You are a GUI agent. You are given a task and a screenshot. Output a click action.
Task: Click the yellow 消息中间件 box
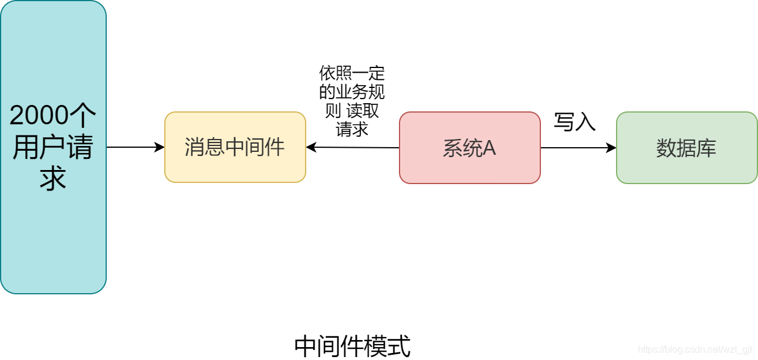pos(235,147)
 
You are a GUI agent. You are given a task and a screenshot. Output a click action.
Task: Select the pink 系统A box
pos(469,148)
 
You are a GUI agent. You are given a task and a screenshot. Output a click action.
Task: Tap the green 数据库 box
pos(686,148)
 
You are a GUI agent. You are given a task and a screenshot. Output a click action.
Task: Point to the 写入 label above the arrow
pos(574,122)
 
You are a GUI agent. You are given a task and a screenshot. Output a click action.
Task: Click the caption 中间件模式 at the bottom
pos(352,346)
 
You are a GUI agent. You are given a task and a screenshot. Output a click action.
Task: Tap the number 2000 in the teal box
pos(39,116)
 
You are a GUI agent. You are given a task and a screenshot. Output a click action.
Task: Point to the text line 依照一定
pos(352,73)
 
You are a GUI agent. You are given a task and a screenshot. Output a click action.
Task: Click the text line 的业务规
pos(352,92)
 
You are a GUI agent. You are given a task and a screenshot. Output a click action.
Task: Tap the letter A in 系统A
pos(489,148)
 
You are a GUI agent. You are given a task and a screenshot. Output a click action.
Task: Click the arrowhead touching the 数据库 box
pos(612,148)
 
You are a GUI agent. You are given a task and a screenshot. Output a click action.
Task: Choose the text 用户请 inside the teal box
pos(53,147)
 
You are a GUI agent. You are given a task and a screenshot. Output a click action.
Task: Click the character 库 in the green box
pos(706,148)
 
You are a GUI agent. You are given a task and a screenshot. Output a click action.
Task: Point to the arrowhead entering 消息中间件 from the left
pos(160,147)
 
